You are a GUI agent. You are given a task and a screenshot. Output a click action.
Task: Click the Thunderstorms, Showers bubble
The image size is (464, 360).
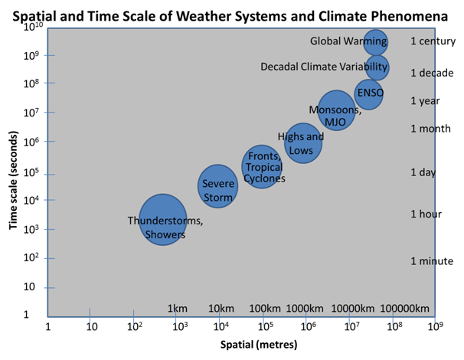pos(163,220)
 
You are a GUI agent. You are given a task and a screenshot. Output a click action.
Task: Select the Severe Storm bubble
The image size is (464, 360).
pos(217,186)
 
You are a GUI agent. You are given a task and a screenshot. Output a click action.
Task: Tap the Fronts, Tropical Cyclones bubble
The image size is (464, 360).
pos(262,167)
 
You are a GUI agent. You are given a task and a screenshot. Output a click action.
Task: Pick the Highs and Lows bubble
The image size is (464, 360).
pos(303,143)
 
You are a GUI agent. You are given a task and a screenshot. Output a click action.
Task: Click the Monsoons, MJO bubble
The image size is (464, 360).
pos(336,110)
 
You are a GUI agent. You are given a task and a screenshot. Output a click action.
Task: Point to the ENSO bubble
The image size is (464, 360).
pos(368,94)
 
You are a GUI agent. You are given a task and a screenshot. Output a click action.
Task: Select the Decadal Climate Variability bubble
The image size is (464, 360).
pos(377,67)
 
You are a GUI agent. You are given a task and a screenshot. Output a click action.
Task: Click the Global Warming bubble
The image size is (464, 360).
pos(375,42)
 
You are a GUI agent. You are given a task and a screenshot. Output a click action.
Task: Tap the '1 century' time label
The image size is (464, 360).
pos(433,41)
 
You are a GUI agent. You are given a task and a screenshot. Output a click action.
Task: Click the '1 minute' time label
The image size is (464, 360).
pos(432,261)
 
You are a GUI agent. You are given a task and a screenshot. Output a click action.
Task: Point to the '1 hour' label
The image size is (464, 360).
pos(426,214)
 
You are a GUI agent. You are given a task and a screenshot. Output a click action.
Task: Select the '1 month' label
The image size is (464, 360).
pos(430,129)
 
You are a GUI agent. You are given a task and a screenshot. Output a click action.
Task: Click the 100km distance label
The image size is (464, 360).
pos(265,309)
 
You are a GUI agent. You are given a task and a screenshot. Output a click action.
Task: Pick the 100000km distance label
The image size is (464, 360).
pos(404,309)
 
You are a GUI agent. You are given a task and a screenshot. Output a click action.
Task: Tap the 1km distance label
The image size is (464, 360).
pos(178,309)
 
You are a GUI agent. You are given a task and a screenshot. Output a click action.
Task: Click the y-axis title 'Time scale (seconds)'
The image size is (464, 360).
pos(13,180)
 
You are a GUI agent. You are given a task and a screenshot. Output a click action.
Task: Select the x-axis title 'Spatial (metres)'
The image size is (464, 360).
pos(259,345)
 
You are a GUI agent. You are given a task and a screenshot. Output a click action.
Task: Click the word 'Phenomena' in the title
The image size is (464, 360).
pos(410,16)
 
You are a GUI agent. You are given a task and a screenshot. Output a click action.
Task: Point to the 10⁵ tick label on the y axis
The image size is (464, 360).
pos(31,172)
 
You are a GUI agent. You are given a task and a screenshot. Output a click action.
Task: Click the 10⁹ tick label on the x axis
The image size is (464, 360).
pos(436,326)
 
